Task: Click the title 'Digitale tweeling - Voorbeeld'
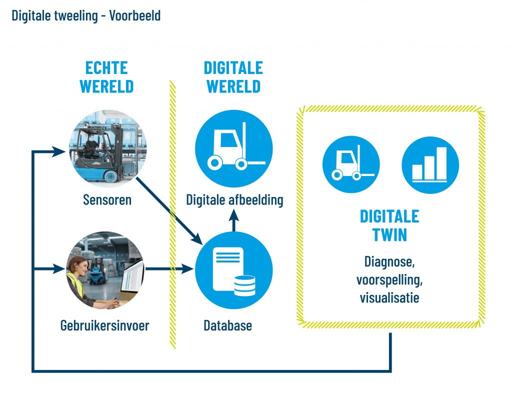click(86, 15)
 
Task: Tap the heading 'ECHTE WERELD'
click(106, 77)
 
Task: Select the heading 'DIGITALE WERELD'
click(233, 77)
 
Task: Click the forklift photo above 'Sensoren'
click(107, 146)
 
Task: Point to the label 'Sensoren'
click(107, 200)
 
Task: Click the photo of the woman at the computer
click(105, 270)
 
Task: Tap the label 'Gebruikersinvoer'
click(104, 326)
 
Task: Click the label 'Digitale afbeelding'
click(234, 200)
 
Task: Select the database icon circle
click(233, 270)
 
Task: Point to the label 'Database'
click(227, 326)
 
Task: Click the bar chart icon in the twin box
click(430, 164)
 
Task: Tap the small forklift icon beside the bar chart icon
click(351, 164)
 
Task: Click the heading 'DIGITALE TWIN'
click(389, 225)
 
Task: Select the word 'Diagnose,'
click(389, 261)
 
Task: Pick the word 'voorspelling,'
click(389, 279)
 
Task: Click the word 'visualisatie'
click(389, 297)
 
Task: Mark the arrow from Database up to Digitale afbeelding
click(233, 221)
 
